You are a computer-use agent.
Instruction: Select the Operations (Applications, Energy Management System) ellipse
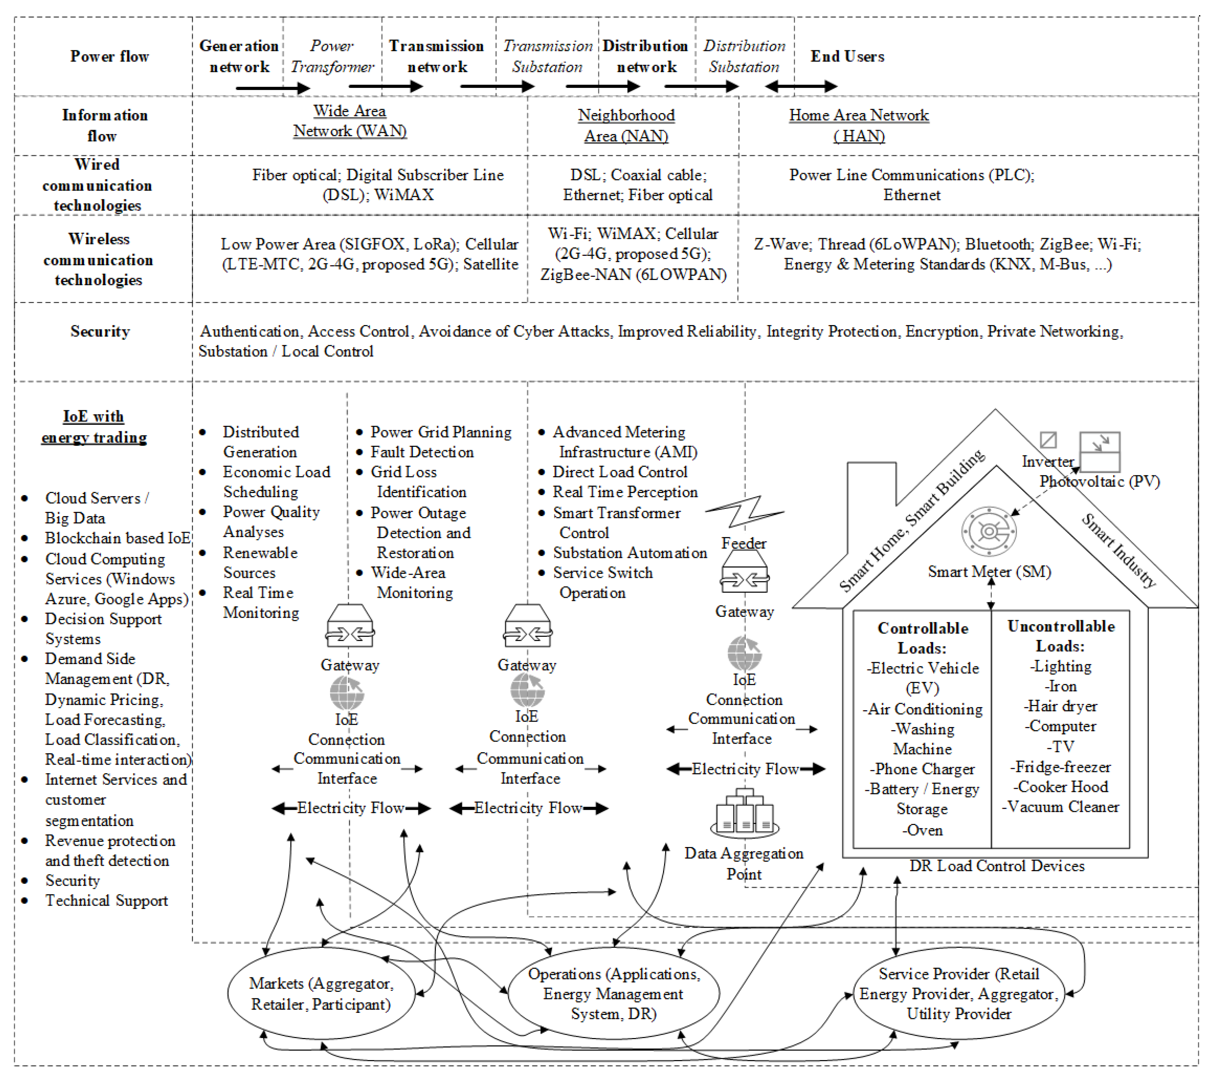614,994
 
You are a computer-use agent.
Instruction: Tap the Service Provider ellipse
959,994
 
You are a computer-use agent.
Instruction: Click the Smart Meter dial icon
988,531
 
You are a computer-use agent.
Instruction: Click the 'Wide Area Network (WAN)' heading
350,121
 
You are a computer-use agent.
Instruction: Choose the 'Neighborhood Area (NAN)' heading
626,125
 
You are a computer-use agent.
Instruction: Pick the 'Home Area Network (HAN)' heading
858,125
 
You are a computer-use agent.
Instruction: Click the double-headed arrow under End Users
801,87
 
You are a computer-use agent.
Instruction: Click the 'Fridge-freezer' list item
1061,767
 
